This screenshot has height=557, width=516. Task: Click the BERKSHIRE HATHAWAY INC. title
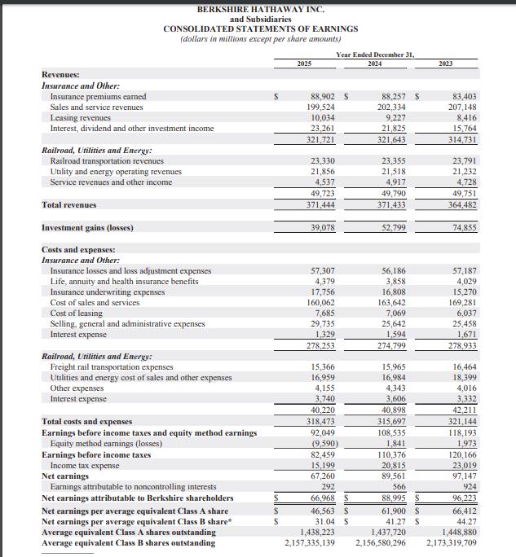click(x=260, y=9)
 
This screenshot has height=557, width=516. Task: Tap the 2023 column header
click(x=445, y=64)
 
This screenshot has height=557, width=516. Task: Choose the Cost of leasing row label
click(x=77, y=314)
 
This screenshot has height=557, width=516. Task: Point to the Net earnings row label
click(x=64, y=476)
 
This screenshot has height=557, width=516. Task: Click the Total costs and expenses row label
click(x=86, y=421)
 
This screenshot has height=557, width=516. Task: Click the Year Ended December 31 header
click(x=375, y=54)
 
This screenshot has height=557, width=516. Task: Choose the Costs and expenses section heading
click(x=78, y=249)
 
